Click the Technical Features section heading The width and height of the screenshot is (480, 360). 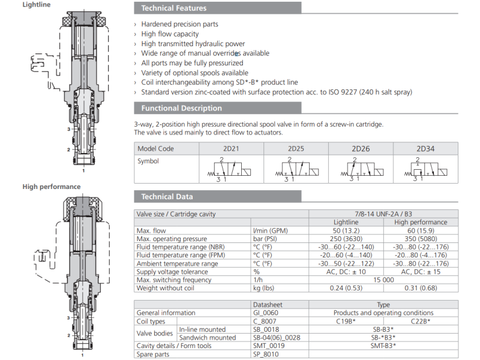(x=174, y=8)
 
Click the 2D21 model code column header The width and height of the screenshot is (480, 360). (x=232, y=149)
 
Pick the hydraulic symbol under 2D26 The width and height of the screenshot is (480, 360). (x=361, y=169)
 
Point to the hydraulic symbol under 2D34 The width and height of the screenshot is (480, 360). (x=425, y=169)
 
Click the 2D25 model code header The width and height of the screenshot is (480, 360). (x=296, y=149)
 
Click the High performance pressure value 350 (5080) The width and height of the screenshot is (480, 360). (x=421, y=239)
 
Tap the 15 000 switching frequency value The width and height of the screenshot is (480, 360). (x=383, y=280)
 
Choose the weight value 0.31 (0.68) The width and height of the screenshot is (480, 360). (x=421, y=288)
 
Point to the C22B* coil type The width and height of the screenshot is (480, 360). (x=421, y=321)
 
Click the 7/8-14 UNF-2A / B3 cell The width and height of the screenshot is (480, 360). (x=383, y=214)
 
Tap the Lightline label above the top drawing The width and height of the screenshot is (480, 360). (x=37, y=5)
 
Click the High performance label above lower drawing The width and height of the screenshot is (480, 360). (x=52, y=187)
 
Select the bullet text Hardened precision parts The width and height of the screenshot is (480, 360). (x=179, y=25)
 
